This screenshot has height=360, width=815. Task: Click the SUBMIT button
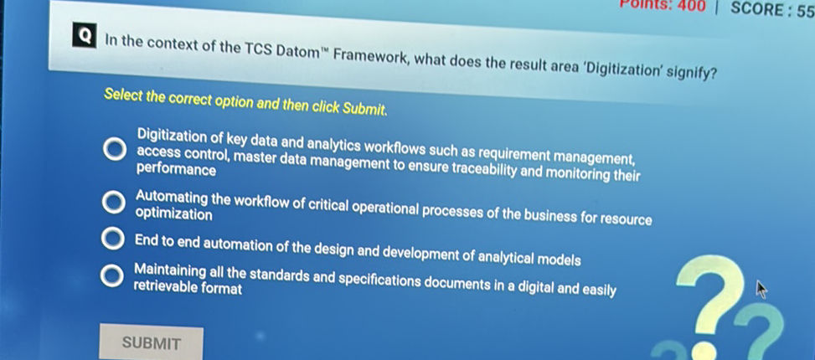pos(151,342)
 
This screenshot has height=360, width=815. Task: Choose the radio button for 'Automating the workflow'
pos(112,203)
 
